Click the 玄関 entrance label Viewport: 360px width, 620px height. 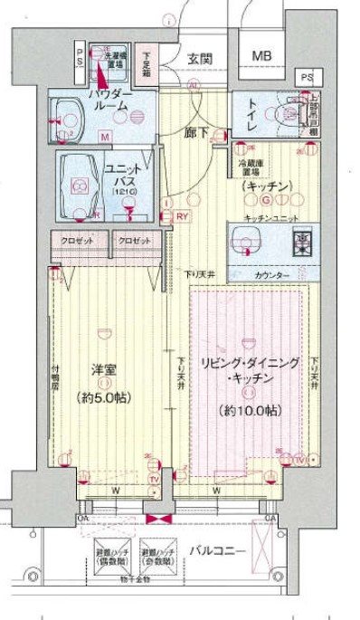[199, 59]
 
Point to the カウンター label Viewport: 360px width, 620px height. [270, 273]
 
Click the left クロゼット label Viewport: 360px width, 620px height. [80, 242]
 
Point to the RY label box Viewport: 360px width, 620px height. [182, 215]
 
